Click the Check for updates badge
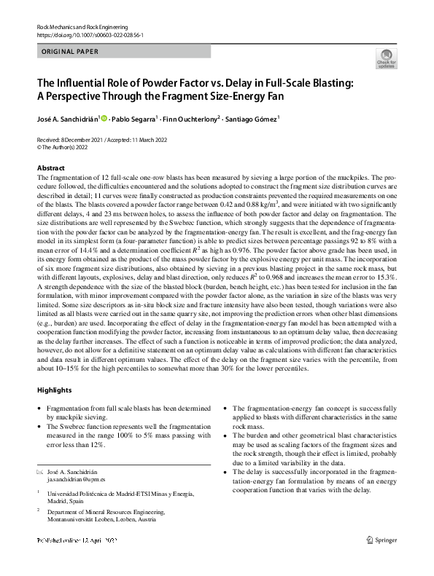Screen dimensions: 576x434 pyautogui.click(x=386, y=59)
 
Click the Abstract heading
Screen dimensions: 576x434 pyautogui.click(x=51, y=168)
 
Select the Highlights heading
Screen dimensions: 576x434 pyautogui.click(x=55, y=390)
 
